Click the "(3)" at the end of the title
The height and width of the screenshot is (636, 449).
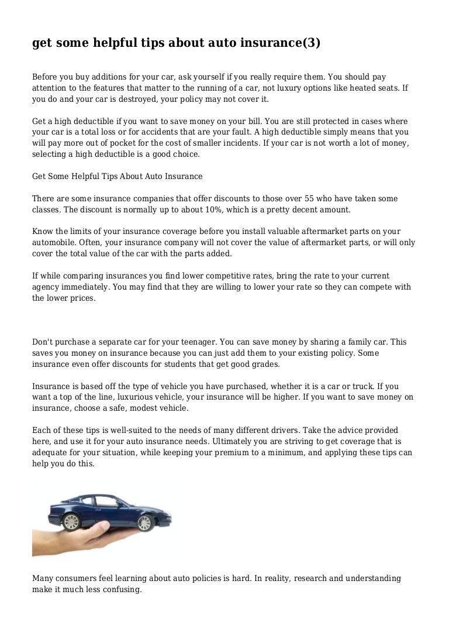309,43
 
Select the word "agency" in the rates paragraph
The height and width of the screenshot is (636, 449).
47,287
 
